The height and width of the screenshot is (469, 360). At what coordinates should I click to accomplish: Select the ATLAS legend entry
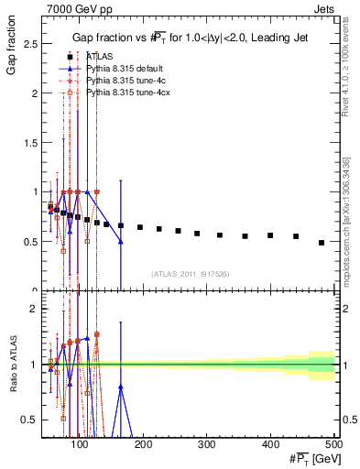click(100, 56)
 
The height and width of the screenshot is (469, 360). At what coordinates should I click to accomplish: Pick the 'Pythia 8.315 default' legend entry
click(124, 69)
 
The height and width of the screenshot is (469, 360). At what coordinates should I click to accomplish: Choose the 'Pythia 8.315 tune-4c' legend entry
click(124, 81)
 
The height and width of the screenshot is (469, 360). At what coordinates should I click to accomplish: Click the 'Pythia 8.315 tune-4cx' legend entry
click(125, 93)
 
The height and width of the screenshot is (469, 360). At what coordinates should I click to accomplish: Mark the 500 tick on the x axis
click(334, 444)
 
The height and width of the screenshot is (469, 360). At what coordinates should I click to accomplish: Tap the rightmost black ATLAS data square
click(322, 243)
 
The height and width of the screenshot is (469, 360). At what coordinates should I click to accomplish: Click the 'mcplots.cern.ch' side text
click(347, 247)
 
